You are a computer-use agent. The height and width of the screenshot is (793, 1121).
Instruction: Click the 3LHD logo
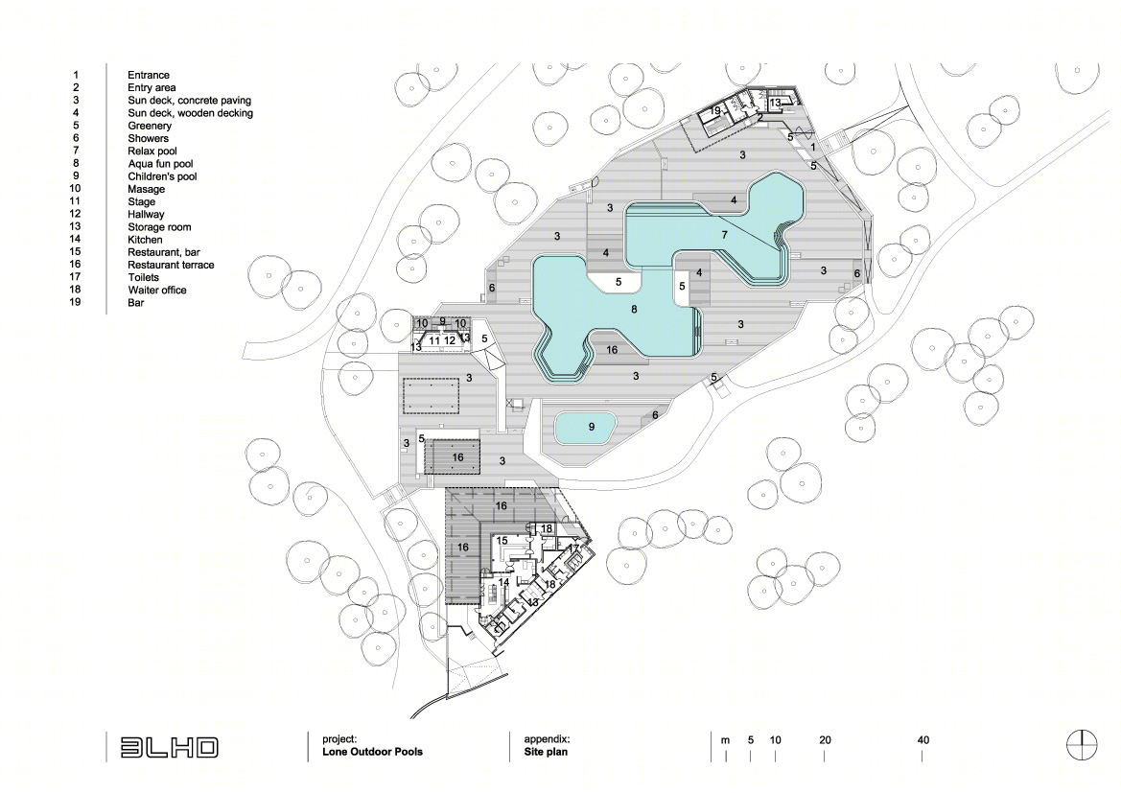tap(169, 747)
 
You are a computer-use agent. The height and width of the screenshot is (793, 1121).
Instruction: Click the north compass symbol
tap(1083, 746)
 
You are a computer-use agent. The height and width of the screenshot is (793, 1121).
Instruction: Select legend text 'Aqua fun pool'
tap(160, 164)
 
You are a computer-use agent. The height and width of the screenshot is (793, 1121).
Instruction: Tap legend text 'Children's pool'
tap(162, 176)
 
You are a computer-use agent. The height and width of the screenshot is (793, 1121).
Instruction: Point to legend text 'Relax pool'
tap(152, 151)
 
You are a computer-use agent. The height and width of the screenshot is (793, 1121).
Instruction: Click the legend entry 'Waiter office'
tap(156, 291)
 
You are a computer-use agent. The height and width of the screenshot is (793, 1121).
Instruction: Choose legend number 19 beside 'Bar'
tap(75, 302)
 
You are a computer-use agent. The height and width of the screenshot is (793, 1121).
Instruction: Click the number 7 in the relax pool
tap(724, 235)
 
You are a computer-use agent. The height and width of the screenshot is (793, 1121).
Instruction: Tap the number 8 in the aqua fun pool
tap(634, 309)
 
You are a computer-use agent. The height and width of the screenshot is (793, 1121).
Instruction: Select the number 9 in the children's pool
tap(592, 427)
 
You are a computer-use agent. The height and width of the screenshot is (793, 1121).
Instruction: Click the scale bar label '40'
tap(922, 740)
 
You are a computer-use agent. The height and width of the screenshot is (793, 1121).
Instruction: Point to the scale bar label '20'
tap(825, 740)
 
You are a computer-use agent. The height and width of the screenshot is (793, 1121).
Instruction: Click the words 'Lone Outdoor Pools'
tap(372, 752)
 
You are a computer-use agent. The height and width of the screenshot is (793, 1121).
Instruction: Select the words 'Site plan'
tap(546, 752)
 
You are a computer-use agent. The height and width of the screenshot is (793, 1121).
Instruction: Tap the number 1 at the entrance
tap(813, 148)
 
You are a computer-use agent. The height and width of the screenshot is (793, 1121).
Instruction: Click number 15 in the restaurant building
tap(502, 541)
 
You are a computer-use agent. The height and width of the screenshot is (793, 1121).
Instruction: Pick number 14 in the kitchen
tap(503, 582)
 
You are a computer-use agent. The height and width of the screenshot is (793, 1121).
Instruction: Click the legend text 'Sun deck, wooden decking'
tap(190, 113)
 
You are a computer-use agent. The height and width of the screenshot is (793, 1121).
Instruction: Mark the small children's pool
tap(585, 428)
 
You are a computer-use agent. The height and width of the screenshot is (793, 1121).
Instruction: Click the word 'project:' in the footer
tap(339, 740)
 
